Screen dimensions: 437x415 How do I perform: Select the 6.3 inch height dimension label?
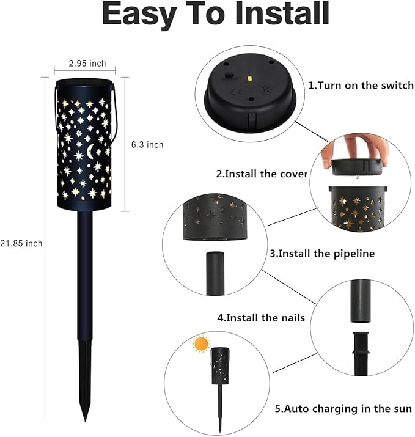point(147,145)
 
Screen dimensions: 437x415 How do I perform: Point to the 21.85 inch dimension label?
point(21,243)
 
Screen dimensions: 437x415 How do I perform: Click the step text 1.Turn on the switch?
point(361,86)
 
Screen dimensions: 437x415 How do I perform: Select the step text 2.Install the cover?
point(261,174)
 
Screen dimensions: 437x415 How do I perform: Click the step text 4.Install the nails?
point(261,317)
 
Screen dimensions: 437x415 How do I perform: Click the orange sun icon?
point(200,344)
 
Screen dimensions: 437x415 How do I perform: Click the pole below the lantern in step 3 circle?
point(215,273)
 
